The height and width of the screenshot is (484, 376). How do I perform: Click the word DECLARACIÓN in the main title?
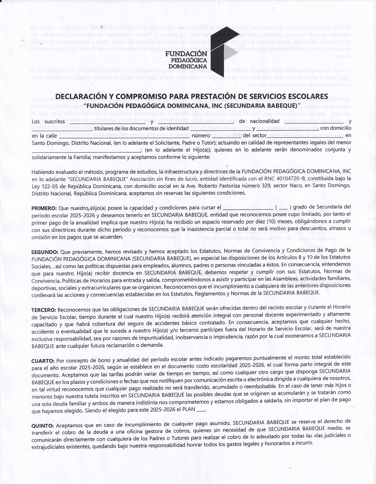point(81,97)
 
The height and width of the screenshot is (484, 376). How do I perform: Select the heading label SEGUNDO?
point(45,252)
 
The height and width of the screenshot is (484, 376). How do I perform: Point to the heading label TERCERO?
point(44,310)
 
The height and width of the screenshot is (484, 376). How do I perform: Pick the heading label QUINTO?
point(43,426)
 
